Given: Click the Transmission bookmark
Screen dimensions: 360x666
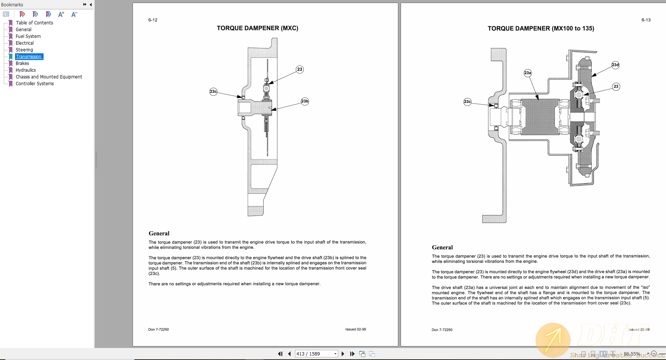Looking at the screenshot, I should click(x=29, y=57).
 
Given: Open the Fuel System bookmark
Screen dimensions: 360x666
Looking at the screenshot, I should click(x=28, y=36).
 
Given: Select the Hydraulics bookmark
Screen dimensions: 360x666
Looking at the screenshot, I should click(x=26, y=70).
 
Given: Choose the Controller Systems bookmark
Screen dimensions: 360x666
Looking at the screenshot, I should click(x=35, y=84).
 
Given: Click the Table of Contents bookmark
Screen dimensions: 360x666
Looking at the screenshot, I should click(x=34, y=23).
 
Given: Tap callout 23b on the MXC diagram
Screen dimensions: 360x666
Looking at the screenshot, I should click(x=304, y=101).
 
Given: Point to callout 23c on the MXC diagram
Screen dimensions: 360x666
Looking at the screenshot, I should click(x=213, y=92).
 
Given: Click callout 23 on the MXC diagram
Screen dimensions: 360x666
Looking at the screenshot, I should click(x=300, y=69).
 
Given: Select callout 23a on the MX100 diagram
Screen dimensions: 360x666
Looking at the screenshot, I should click(x=527, y=73).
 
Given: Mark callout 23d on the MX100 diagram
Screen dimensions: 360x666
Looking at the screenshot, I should click(x=615, y=65).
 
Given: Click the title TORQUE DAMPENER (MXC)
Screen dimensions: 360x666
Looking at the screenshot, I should click(x=258, y=28).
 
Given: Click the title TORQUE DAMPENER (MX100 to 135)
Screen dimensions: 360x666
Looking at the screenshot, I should click(x=541, y=29).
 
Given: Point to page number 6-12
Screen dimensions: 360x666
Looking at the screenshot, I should click(x=153, y=20).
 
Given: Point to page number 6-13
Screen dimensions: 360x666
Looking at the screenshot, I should click(x=646, y=20).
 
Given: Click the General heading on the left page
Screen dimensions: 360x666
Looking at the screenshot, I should click(x=159, y=233).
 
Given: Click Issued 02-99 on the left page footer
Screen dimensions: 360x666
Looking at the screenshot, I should click(x=356, y=329).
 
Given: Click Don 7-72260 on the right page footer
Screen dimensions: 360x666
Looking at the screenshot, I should click(x=442, y=330).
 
